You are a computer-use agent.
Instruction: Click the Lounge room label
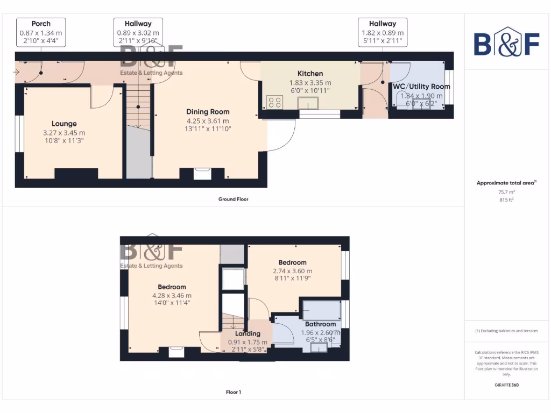(x=64, y=124)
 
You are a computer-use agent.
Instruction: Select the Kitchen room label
(x=310, y=74)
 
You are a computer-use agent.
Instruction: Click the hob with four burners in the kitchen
(x=274, y=102)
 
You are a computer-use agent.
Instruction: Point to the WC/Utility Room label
(x=421, y=87)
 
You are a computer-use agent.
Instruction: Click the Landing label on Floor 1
(x=248, y=333)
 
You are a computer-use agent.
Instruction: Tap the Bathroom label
(x=321, y=324)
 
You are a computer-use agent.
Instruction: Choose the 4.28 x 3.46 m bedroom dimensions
(x=172, y=295)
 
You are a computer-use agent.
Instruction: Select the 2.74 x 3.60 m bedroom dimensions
(x=292, y=271)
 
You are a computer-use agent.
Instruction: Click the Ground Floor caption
(x=233, y=199)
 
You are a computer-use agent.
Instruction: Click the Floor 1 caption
(x=233, y=392)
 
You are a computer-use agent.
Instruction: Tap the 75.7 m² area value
(x=505, y=191)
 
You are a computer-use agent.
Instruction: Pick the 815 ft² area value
(x=505, y=200)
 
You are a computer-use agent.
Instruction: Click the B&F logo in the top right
(x=506, y=41)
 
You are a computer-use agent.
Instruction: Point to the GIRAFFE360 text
(x=505, y=385)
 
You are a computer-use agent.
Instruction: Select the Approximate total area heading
(x=505, y=183)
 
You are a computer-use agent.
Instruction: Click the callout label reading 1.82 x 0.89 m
(x=383, y=32)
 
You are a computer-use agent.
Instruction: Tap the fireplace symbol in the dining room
(x=202, y=173)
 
